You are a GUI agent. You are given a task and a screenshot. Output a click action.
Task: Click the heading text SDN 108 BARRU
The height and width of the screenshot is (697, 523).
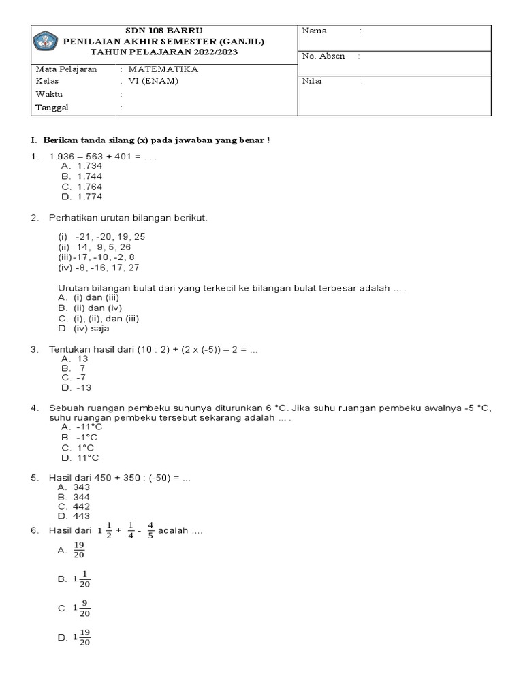[x=163, y=31]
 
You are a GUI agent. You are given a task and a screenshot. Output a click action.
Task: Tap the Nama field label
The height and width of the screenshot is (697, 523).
[x=315, y=31]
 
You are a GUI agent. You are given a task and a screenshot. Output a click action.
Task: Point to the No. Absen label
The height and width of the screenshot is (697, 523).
[x=323, y=56]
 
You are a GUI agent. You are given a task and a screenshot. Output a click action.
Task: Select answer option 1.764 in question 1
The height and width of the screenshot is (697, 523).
[x=89, y=186]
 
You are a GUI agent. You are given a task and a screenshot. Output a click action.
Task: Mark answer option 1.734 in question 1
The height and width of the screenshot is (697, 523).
[x=89, y=165]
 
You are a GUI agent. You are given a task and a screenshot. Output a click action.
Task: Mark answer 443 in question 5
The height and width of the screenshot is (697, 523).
[x=81, y=516]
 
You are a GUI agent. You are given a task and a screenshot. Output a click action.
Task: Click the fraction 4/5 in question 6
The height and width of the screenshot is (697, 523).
[x=150, y=530]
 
